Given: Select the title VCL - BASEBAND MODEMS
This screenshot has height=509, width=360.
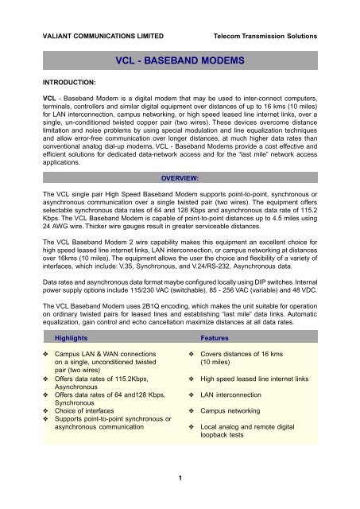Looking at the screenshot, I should (x=179, y=59).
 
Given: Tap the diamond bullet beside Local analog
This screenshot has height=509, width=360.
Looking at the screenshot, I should (x=192, y=427).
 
